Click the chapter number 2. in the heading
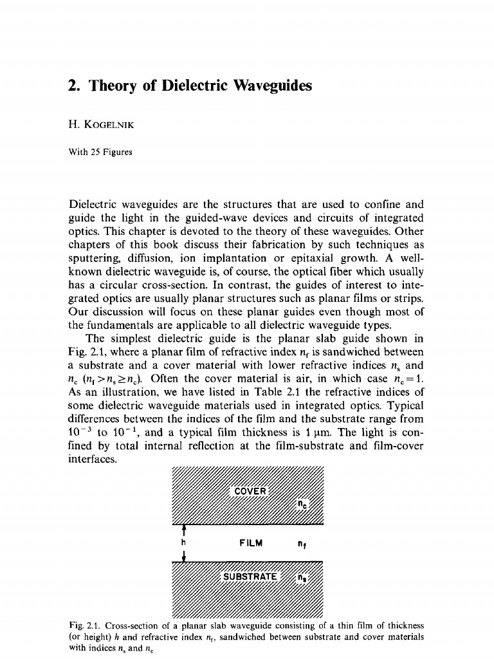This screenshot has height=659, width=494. coord(75,86)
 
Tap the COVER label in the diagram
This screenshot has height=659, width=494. coord(249,492)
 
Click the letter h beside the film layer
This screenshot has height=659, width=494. coord(185,543)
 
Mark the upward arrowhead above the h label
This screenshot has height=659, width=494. coord(185,530)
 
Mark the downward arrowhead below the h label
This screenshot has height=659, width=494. coord(185,558)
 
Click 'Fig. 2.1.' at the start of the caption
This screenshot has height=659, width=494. coord(83,624)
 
